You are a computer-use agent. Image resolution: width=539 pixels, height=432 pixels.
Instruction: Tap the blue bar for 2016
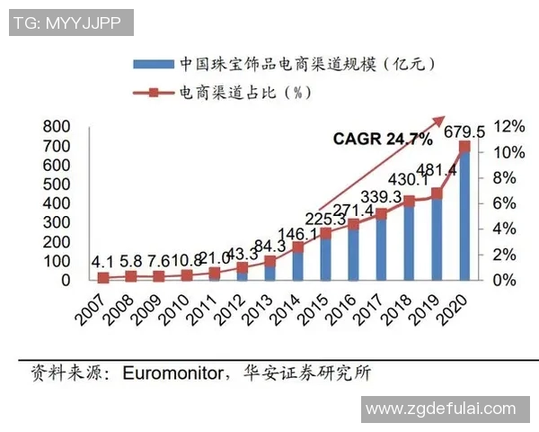[x=353, y=253]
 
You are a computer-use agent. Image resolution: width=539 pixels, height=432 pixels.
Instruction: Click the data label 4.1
[x=102, y=262]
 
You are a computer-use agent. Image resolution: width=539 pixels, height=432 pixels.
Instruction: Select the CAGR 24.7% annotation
[x=383, y=139]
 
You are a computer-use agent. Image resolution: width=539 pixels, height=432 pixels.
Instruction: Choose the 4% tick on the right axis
[x=506, y=229]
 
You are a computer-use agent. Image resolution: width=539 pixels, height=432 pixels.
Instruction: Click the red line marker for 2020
[x=464, y=146]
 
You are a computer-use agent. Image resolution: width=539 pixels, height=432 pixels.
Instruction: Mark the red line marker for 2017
[x=381, y=213]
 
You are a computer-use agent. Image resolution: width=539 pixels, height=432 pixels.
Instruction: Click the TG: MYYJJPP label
[x=68, y=22]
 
